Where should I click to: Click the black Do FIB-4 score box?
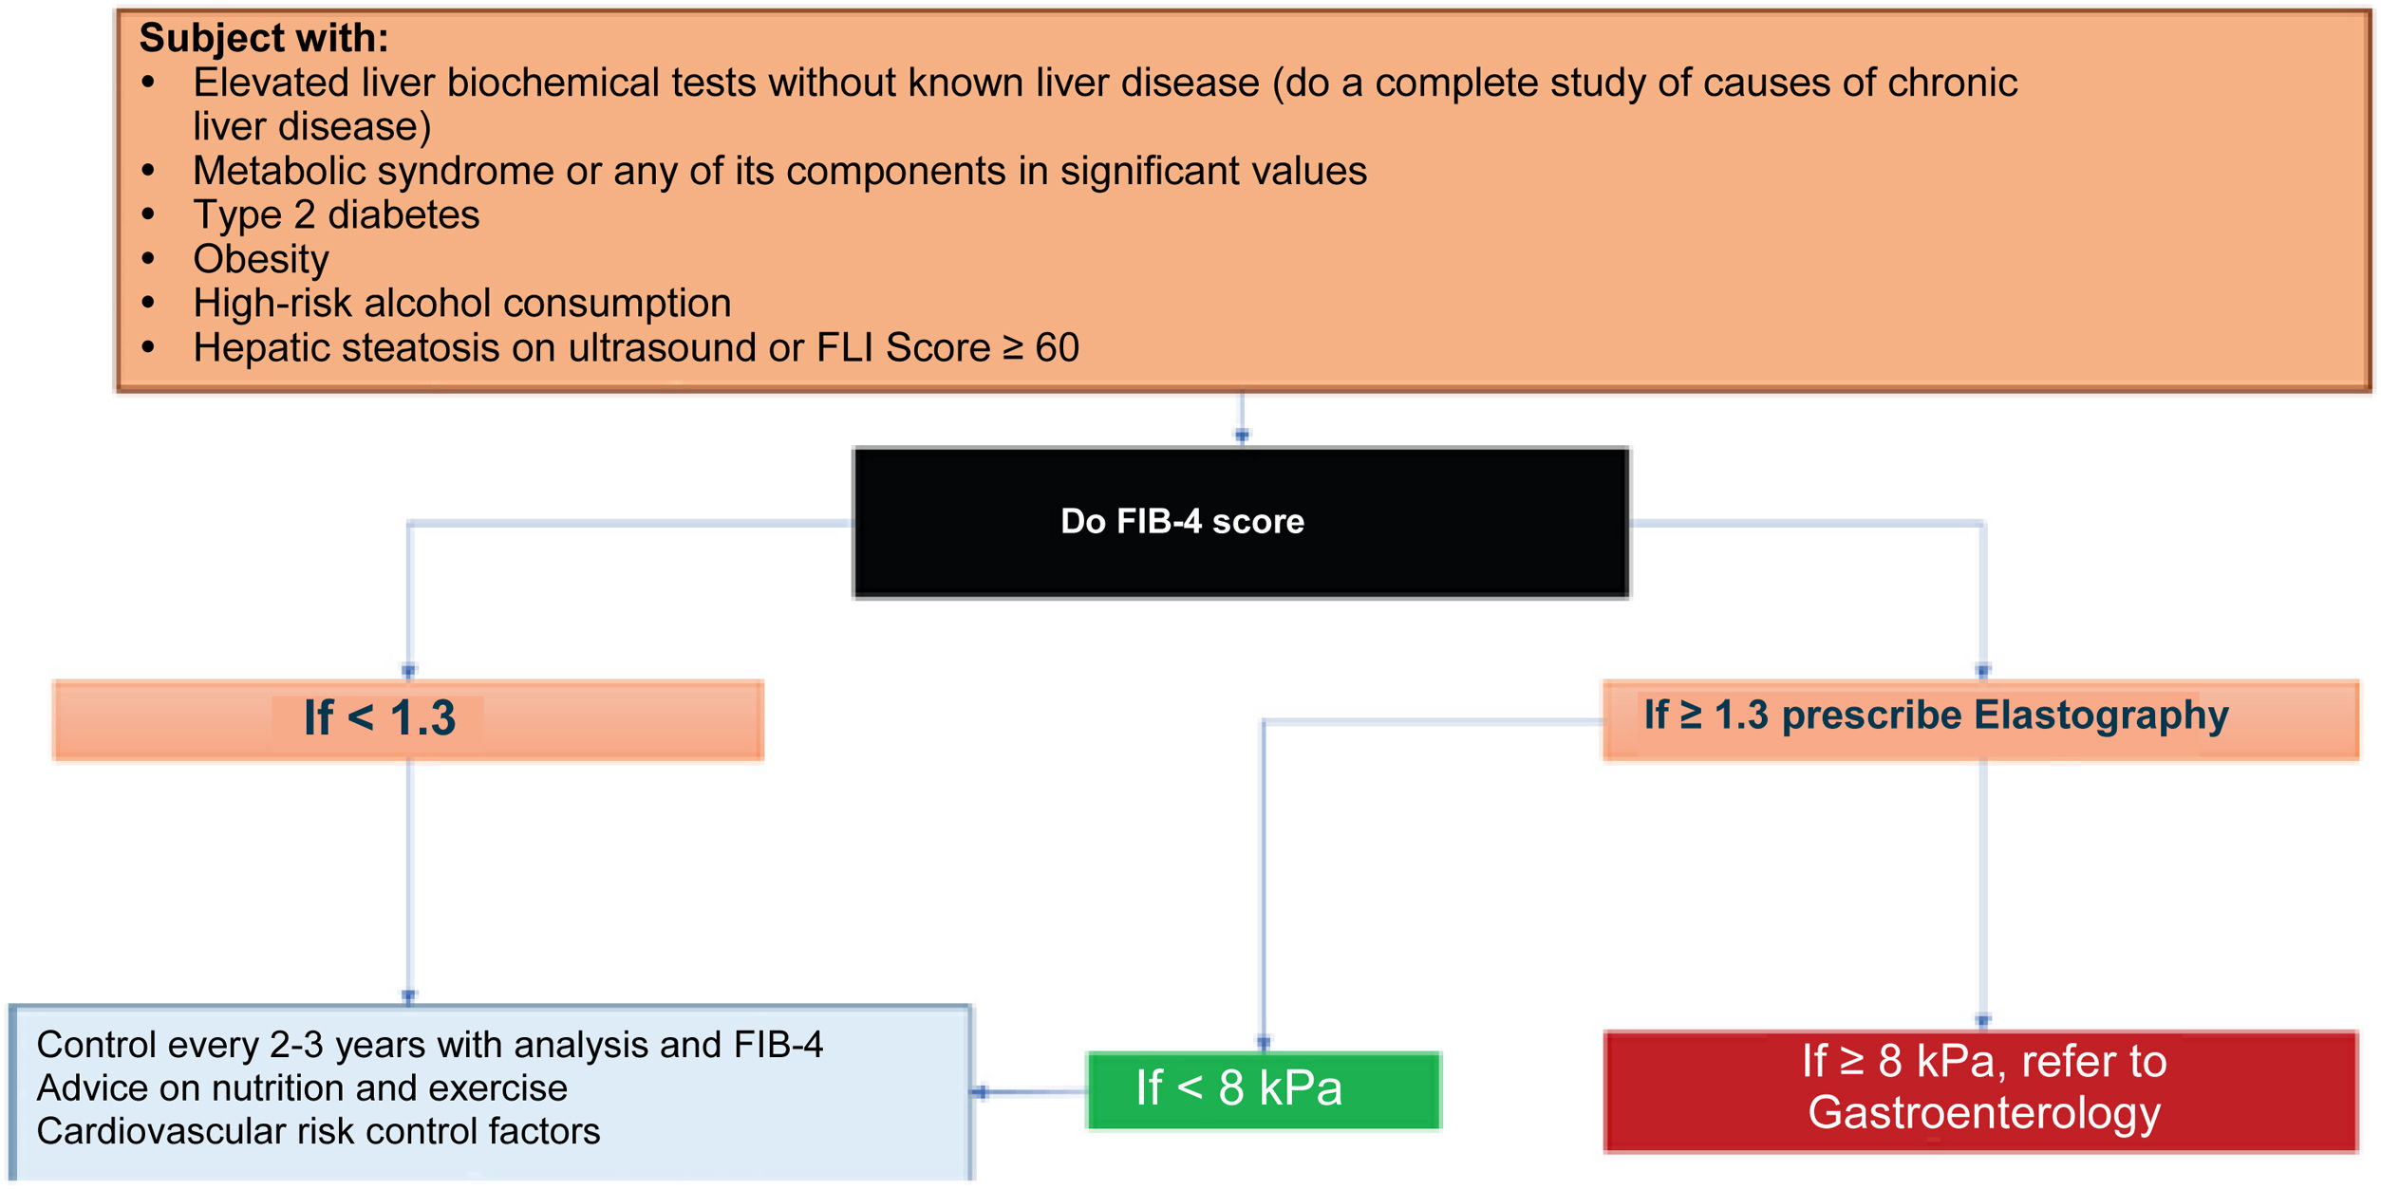point(1241,523)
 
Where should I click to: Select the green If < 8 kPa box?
point(1263,1090)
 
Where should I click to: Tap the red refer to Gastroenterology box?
point(1981,1091)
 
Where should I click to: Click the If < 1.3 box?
point(408,719)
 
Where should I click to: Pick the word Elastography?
point(2100,715)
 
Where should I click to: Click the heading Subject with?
point(264,38)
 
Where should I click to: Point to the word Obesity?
point(261,259)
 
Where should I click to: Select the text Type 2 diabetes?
point(336,215)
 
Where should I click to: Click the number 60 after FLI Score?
point(1057,348)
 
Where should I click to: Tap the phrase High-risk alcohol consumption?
point(462,304)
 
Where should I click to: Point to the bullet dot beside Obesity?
point(148,258)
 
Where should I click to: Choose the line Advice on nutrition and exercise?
point(302,1087)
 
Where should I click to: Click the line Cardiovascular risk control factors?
point(318,1131)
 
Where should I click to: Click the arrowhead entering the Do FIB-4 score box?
point(1242,436)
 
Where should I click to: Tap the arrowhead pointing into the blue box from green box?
point(981,1092)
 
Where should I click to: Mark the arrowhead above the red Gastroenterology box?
point(1983,1020)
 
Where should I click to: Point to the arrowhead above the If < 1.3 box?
point(409,670)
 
